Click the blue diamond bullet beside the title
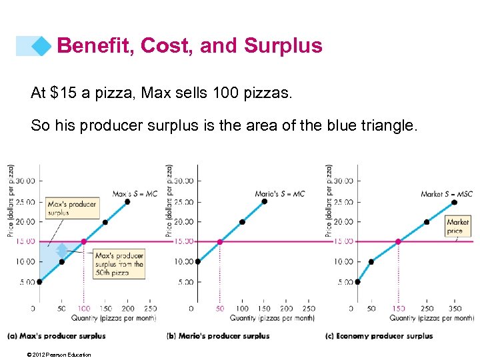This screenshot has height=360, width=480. [x=41, y=45]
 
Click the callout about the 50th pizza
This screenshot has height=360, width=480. [x=119, y=264]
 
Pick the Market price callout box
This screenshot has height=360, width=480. [x=458, y=227]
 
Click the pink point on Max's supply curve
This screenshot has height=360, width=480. [x=83, y=241]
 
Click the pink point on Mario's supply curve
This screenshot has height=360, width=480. [x=220, y=241]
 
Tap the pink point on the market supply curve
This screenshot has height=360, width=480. [x=398, y=241]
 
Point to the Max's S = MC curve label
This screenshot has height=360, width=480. [x=135, y=194]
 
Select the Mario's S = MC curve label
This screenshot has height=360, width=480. [x=279, y=194]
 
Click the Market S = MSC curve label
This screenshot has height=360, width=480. [x=446, y=194]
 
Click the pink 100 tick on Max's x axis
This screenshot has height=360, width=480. [x=83, y=309]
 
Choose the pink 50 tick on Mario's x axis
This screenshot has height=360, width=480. [x=220, y=309]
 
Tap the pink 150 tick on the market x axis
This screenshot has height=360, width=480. [x=398, y=309]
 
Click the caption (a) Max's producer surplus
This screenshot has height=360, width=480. [x=57, y=336]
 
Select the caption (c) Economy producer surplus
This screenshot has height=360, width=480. [x=379, y=336]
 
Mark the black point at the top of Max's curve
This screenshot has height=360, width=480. [x=127, y=201]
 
